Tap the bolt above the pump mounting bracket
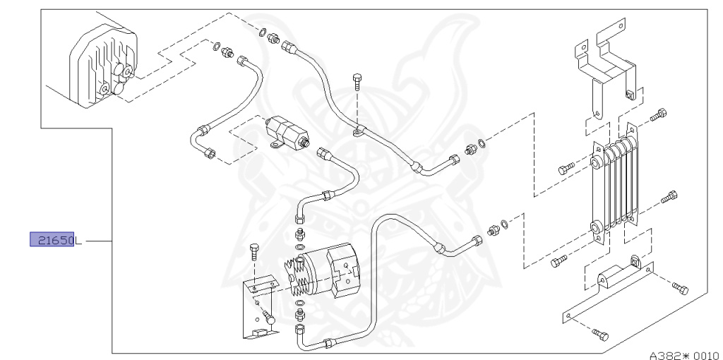click(x=254, y=252)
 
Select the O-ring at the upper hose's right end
click(x=481, y=145)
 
